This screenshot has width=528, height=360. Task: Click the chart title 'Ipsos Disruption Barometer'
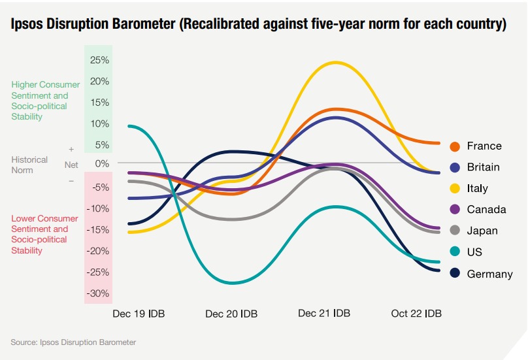click(258, 25)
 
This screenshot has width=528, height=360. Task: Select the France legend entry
click(484, 146)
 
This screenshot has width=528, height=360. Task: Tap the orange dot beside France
click(455, 146)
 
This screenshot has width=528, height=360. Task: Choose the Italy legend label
click(477, 188)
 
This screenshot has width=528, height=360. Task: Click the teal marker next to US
click(455, 252)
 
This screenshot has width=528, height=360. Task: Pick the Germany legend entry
click(489, 274)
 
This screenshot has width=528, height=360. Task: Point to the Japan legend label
click(482, 231)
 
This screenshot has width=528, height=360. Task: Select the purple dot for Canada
click(455, 210)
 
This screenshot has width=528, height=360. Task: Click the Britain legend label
click(483, 167)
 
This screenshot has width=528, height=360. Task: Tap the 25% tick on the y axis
click(99, 60)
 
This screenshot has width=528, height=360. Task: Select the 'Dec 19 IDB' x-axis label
click(139, 314)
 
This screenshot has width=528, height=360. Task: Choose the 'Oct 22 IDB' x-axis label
click(416, 314)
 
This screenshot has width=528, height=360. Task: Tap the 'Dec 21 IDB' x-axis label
click(324, 314)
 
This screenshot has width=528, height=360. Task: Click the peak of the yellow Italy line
click(336, 63)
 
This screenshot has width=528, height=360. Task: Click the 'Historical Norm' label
click(29, 165)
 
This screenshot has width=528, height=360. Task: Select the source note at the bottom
click(73, 342)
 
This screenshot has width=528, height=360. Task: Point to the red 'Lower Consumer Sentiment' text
click(44, 234)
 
